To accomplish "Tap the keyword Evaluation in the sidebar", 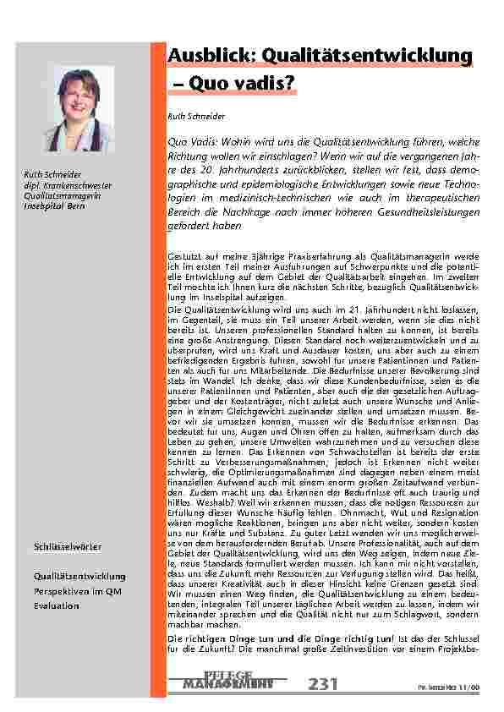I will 51,606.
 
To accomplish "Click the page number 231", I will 326,682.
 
